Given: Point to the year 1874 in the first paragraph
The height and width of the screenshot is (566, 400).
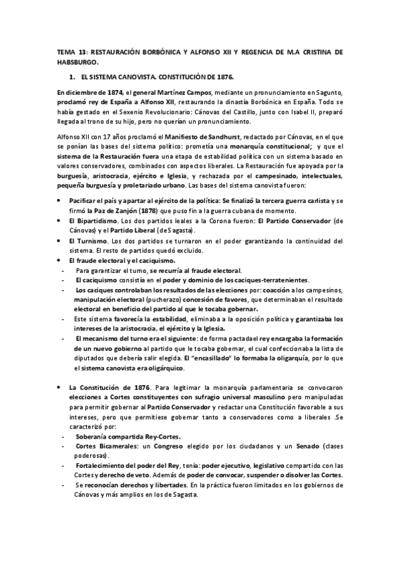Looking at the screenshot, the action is point(109,92).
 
